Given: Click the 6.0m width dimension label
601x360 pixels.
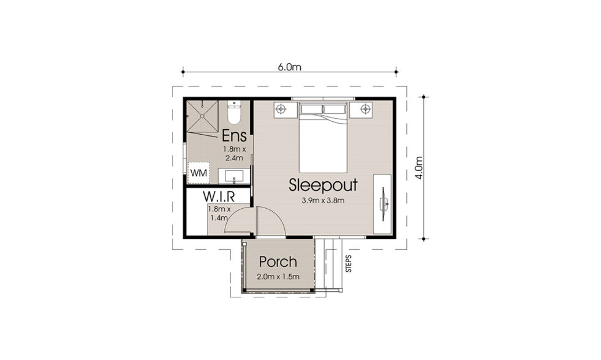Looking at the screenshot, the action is [289, 67].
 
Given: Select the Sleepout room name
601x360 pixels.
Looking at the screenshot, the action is [323, 186].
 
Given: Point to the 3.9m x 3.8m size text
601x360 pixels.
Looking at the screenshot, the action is [323, 200].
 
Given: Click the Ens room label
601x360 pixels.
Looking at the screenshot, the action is [234, 135].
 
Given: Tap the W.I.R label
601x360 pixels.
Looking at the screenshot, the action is [219, 197].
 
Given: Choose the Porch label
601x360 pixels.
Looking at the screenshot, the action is [278, 262].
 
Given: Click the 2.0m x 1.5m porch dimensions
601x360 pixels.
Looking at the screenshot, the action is [278, 277].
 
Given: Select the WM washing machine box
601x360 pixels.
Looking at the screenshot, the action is [198, 173].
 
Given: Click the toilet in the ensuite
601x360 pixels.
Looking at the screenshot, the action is [233, 112].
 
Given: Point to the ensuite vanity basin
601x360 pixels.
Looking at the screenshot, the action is [234, 176].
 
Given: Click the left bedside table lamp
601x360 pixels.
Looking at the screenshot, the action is [281, 109].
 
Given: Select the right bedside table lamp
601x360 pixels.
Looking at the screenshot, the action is [366, 109].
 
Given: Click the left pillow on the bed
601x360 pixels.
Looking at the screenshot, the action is [311, 110].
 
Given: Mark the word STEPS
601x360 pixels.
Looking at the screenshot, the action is [349, 263].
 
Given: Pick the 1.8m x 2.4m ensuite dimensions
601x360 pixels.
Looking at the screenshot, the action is [234, 153].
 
